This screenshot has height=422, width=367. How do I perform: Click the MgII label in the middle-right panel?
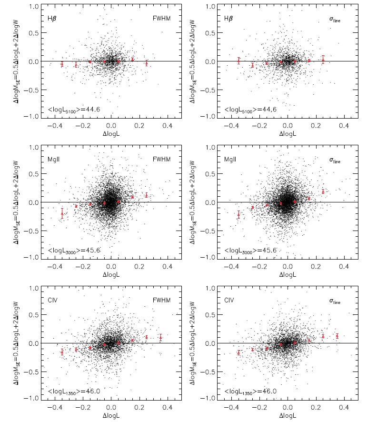pyautogui.click(x=229, y=160)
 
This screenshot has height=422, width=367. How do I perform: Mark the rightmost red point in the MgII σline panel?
pyautogui.click(x=323, y=191)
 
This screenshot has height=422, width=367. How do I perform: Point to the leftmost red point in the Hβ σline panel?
pyautogui.click(x=238, y=60)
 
